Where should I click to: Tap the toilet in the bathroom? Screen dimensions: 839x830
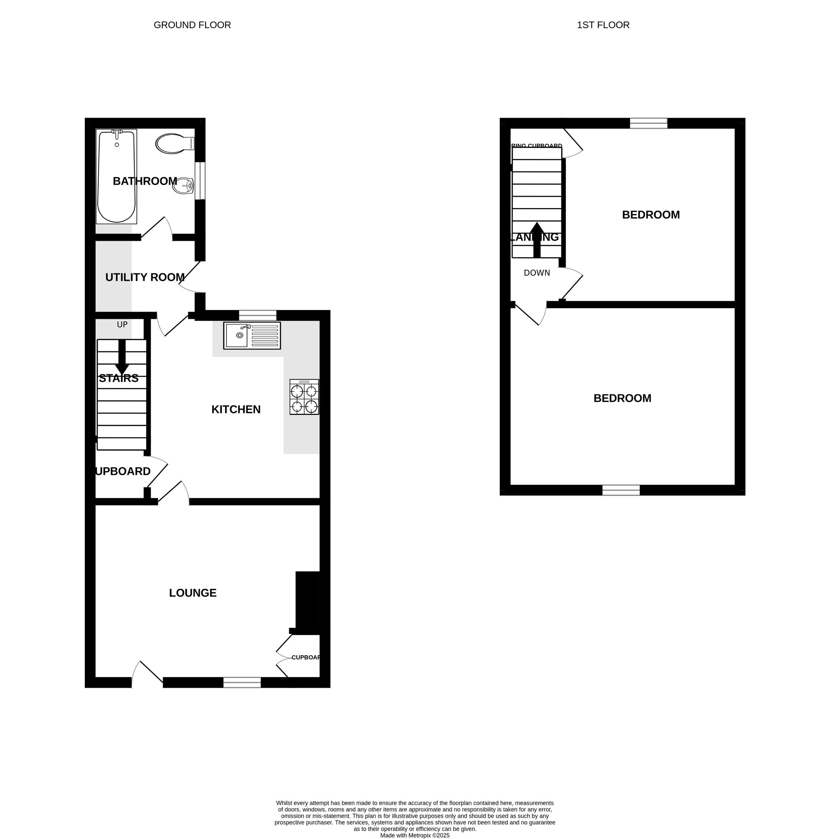(174, 143)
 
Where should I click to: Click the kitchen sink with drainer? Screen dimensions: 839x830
(252, 335)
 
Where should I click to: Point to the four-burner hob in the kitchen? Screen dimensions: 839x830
(304, 397)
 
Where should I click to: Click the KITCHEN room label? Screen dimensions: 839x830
(236, 410)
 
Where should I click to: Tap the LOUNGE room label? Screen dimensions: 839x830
(192, 593)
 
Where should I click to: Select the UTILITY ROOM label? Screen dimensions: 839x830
(144, 277)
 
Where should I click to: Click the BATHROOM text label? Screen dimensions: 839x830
(144, 181)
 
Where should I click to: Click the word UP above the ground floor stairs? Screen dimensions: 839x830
(122, 324)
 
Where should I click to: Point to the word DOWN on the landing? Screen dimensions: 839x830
(537, 273)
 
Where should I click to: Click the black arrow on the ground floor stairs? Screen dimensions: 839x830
(122, 356)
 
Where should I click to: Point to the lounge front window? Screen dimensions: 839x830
(242, 682)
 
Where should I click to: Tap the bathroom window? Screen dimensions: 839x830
(200, 181)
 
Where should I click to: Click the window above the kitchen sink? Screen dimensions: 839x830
(258, 315)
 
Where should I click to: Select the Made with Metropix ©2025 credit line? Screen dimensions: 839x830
(415, 835)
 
